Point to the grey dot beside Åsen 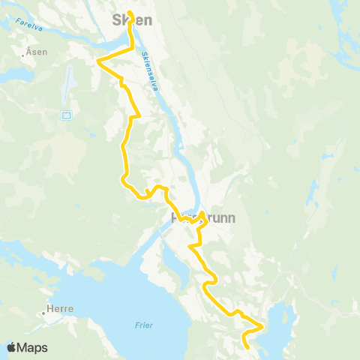[25, 55]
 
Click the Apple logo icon [11, 348]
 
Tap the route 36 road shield [66, 115]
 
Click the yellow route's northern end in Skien [130, 13]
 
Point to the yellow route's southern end [247, 346]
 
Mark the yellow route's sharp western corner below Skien [98, 60]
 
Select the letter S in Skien [117, 20]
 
